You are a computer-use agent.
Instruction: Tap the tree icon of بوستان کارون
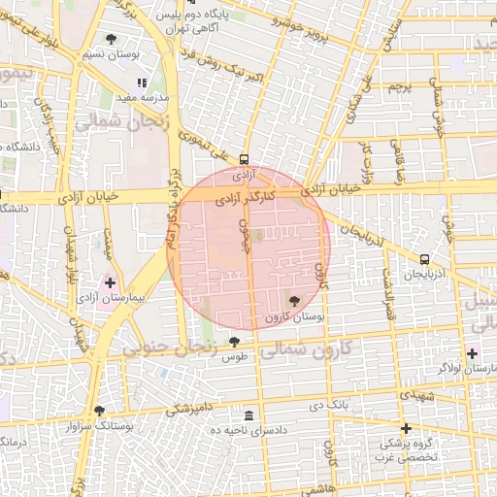295,301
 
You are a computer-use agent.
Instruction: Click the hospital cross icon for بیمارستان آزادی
110,282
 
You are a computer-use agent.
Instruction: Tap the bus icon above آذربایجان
425,259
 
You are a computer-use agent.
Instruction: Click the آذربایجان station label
425,277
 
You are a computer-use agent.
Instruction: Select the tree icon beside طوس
234,342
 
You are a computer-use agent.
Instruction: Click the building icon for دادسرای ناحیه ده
249,415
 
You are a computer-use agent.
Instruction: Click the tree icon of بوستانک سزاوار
99,411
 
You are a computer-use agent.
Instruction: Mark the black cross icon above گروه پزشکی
406,428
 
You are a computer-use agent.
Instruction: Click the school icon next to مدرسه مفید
141,83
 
